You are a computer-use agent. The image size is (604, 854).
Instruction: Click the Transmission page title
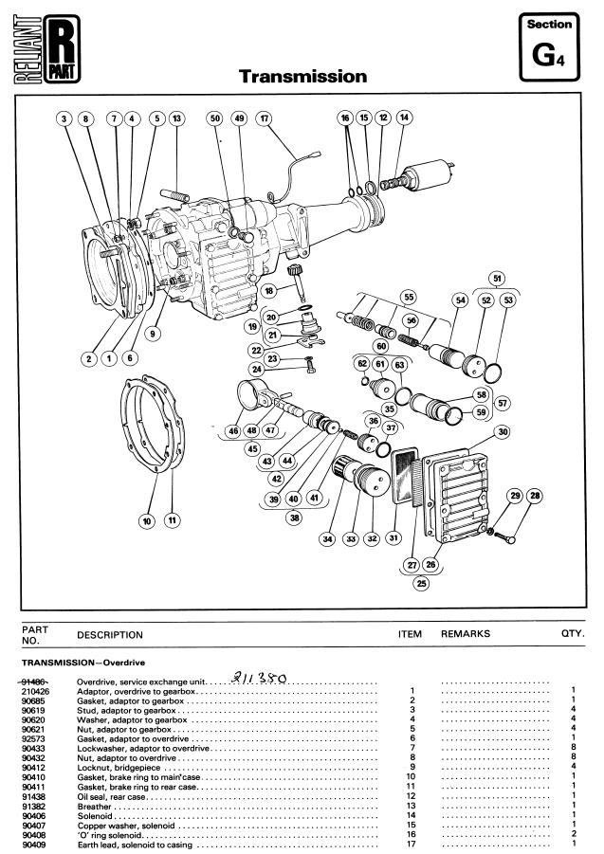(x=302, y=76)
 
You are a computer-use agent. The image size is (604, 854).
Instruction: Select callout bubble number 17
(x=264, y=118)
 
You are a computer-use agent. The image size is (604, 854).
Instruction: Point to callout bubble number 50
(x=215, y=118)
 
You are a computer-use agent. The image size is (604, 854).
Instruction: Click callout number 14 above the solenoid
(x=405, y=118)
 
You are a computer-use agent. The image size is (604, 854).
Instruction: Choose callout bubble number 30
(x=502, y=432)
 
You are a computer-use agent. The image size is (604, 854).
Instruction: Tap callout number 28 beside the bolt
(x=535, y=496)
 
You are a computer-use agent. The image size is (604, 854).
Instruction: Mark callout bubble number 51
(x=497, y=279)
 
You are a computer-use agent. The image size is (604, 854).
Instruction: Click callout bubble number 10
(x=147, y=520)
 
